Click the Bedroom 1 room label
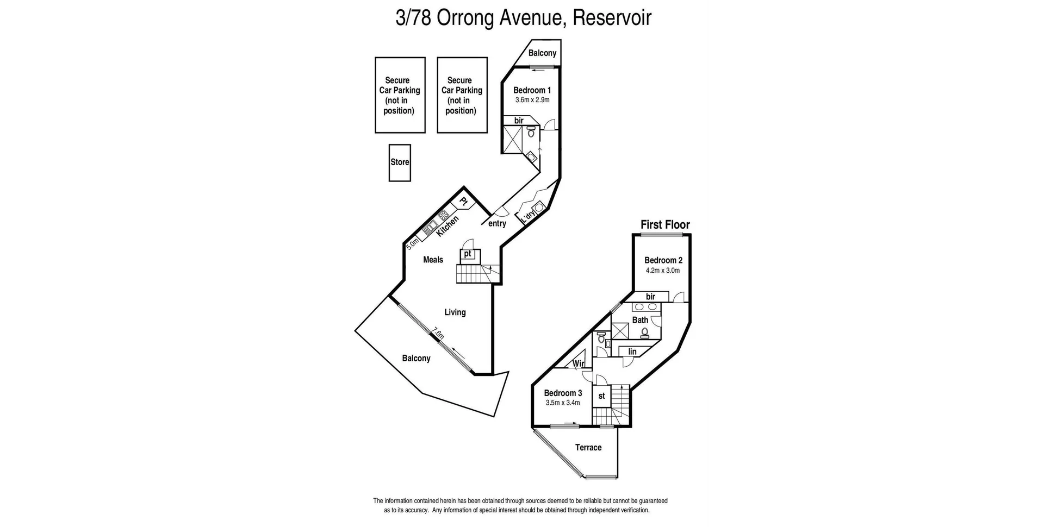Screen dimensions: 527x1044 [532, 90]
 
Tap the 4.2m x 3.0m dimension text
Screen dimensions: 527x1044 [662, 270]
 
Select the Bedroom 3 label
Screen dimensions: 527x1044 [563, 393]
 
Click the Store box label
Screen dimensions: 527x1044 [400, 162]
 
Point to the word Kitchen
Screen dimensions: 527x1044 [448, 225]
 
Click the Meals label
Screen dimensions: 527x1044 [433, 260]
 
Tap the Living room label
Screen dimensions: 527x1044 [455, 312]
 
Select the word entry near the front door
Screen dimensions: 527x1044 [497, 223]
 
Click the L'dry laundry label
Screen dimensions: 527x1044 [528, 217]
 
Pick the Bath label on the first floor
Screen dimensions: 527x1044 [640, 320]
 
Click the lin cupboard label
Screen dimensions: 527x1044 [632, 352]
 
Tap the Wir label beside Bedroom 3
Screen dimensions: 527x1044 [578, 363]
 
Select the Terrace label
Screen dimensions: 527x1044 [588, 448]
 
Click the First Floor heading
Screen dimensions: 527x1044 [665, 224]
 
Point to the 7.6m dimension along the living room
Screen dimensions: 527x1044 [438, 333]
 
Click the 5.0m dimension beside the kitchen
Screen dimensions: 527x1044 [413, 242]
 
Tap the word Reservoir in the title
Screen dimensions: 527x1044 [612, 17]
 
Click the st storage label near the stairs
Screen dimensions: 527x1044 [601, 396]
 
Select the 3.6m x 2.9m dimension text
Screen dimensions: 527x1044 [532, 100]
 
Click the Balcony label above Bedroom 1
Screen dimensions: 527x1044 [542, 53]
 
